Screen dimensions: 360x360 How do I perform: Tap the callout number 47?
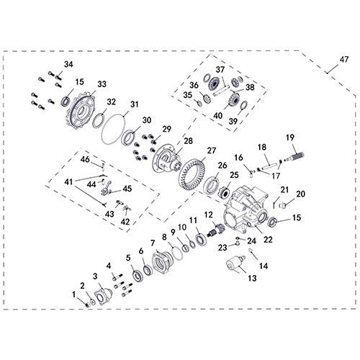coord(343,59)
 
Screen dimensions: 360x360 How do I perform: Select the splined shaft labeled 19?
coord(294,157)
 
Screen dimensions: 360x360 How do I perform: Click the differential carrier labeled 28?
coord(168,159)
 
